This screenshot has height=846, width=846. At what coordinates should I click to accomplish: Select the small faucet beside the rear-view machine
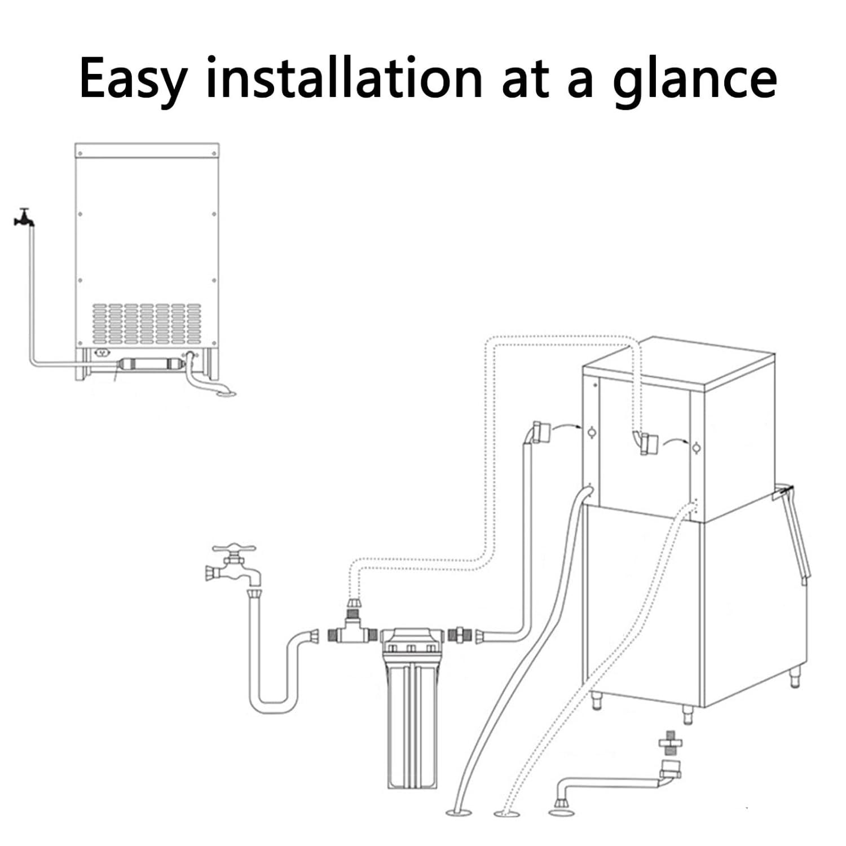point(23,217)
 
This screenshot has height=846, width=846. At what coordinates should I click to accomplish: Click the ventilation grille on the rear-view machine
point(147,324)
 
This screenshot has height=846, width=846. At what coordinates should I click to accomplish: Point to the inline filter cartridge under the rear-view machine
point(150,364)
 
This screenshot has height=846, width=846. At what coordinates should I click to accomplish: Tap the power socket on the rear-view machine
point(102,354)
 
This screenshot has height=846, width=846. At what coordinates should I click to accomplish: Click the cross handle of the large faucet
point(233,549)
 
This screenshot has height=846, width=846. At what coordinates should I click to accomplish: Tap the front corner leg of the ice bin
point(688,715)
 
